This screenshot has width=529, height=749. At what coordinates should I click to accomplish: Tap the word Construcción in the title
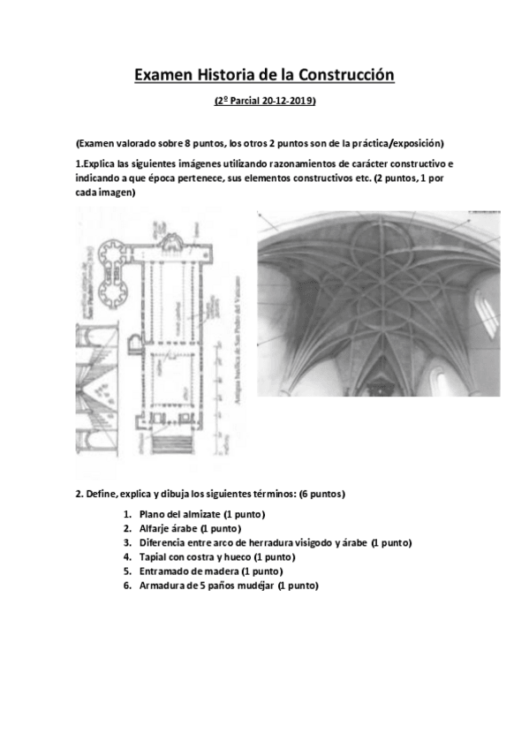(348, 77)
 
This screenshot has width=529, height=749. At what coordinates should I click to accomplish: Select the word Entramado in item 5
(166, 571)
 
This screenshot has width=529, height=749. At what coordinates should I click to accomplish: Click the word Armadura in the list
(164, 585)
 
